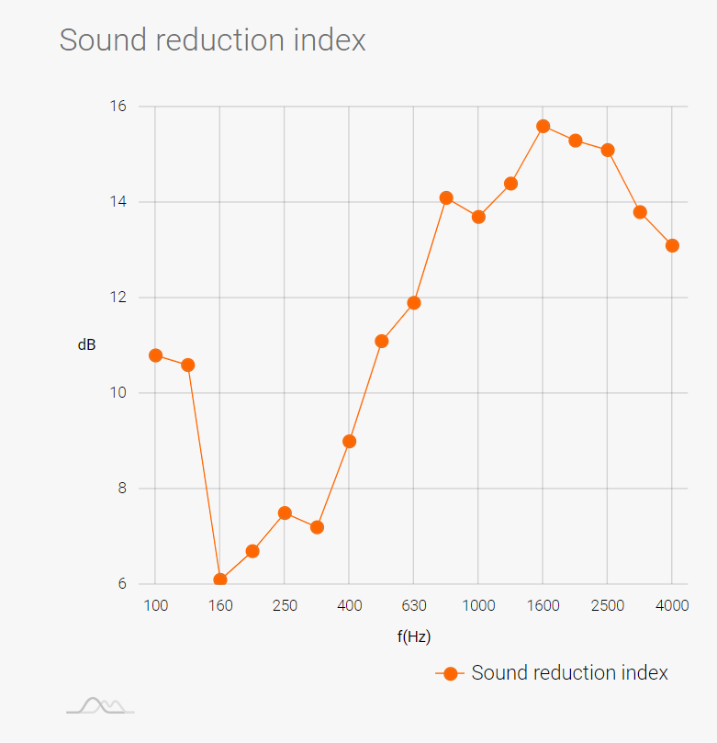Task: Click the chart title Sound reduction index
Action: point(212,40)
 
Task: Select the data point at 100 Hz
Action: point(155,355)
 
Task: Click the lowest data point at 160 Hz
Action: point(220,580)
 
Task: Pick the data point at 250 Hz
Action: point(285,512)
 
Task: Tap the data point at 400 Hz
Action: point(349,441)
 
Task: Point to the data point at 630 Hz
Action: point(414,302)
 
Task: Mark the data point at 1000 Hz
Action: point(478,217)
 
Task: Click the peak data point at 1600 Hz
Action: point(543,126)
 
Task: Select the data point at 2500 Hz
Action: point(608,150)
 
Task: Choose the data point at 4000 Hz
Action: point(672,245)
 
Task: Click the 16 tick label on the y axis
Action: point(118,107)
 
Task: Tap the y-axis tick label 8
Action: point(122,489)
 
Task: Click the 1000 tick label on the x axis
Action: point(478,606)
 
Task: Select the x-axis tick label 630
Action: point(414,606)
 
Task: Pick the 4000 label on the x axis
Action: point(672,606)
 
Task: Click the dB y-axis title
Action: point(86,345)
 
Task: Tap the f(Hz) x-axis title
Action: point(414,636)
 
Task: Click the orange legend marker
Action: point(450,673)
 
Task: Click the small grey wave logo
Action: point(100,705)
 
